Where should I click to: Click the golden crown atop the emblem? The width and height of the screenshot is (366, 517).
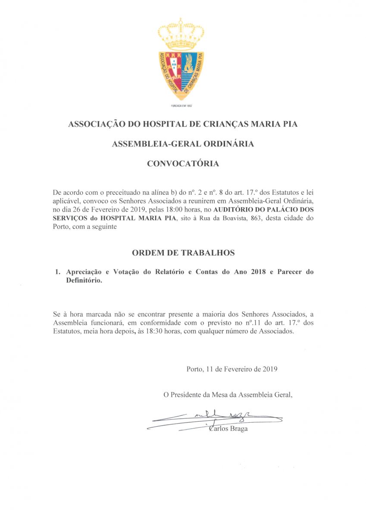181,34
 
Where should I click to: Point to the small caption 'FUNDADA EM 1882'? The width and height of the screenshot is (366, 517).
181,106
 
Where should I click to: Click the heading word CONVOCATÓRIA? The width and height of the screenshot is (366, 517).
183,164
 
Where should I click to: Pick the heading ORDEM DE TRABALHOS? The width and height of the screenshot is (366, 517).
183,253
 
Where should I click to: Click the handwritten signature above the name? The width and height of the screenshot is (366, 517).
216,418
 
